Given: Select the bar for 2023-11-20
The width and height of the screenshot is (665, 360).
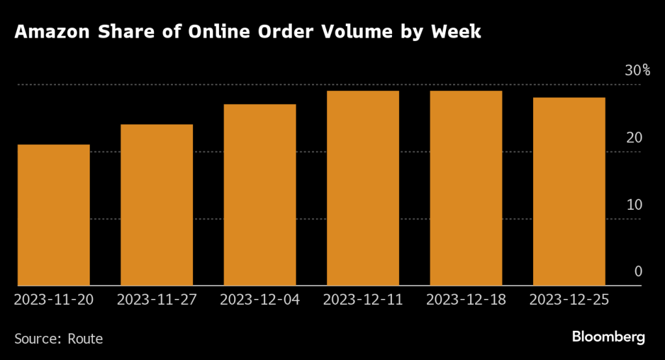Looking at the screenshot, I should [x=53, y=214].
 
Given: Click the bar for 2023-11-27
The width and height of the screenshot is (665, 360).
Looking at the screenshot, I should [x=157, y=205].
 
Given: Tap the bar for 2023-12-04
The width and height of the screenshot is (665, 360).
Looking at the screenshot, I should [x=259, y=195].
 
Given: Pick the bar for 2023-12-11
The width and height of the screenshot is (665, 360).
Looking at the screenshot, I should [x=363, y=188].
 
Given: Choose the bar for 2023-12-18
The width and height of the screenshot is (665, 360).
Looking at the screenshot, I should [x=466, y=188].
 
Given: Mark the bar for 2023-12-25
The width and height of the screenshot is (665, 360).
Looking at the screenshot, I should [x=569, y=191].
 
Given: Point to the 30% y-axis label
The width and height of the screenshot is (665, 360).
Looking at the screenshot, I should [x=637, y=71].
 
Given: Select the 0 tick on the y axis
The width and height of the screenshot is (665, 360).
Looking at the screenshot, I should [x=638, y=272].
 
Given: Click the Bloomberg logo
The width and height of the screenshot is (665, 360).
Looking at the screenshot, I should [x=608, y=337].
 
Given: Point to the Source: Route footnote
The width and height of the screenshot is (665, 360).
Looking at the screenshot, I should [x=59, y=339].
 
